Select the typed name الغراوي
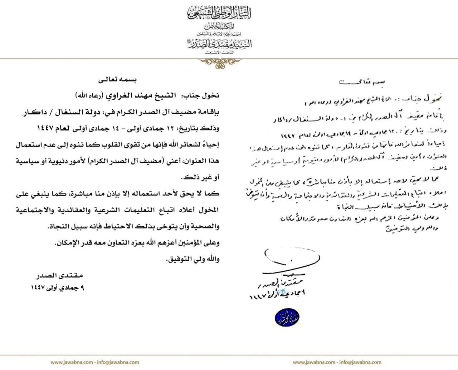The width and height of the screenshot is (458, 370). [116, 96]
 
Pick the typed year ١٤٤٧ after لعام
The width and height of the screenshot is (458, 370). [48, 128]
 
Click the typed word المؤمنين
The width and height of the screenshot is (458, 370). [189, 243]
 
